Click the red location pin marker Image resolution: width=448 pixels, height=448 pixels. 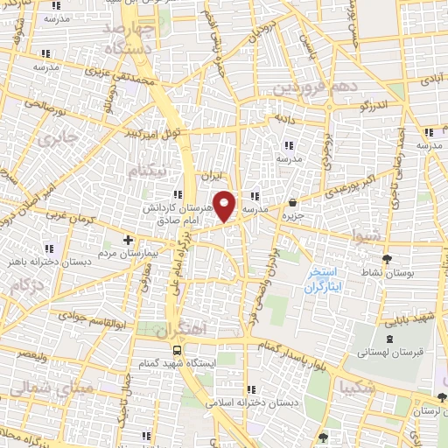[225, 205]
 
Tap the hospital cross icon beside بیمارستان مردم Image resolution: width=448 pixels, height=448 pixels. [129, 239]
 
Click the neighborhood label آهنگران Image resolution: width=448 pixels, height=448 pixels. [178, 331]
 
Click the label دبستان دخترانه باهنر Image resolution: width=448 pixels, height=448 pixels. [44, 261]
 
